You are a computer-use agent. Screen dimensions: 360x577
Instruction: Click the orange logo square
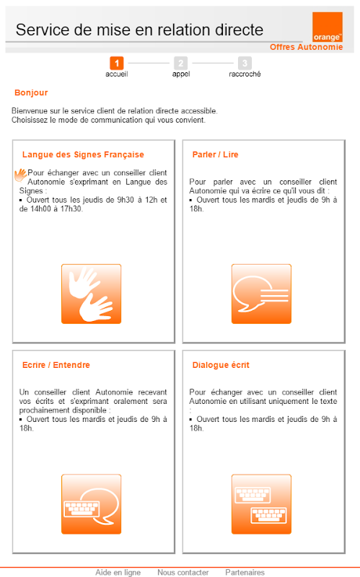pos(328,27)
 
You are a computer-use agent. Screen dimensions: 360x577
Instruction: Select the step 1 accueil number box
pos(117,63)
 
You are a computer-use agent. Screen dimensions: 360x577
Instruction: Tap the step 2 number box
pos(181,63)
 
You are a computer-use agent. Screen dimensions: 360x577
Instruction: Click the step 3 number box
pos(245,63)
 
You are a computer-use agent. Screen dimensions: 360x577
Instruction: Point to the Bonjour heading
pos(31,93)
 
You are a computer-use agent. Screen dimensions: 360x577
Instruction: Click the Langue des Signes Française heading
pos(83,154)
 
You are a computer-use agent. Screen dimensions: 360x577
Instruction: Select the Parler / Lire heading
pos(215,154)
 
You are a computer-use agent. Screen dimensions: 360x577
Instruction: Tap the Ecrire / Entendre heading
pos(56,365)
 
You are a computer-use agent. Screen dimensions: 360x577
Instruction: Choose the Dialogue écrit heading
pos(221,365)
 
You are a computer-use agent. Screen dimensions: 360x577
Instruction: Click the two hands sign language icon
pos(92,294)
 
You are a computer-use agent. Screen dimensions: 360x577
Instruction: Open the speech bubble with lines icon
pos(261,294)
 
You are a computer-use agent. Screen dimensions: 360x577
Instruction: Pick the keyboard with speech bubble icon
pos(92,504)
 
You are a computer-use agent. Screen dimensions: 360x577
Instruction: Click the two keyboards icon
pos(261,504)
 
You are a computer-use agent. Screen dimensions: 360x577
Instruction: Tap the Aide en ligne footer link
pos(118,573)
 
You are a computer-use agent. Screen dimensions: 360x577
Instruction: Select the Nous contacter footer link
pos(183,573)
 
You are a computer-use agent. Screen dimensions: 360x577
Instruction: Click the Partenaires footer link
pos(245,573)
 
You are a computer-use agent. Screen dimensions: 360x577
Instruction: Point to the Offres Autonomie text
pos(307,47)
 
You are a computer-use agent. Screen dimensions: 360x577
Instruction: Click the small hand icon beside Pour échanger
pos(21,175)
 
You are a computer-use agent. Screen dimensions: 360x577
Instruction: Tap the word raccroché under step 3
pos(245,74)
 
